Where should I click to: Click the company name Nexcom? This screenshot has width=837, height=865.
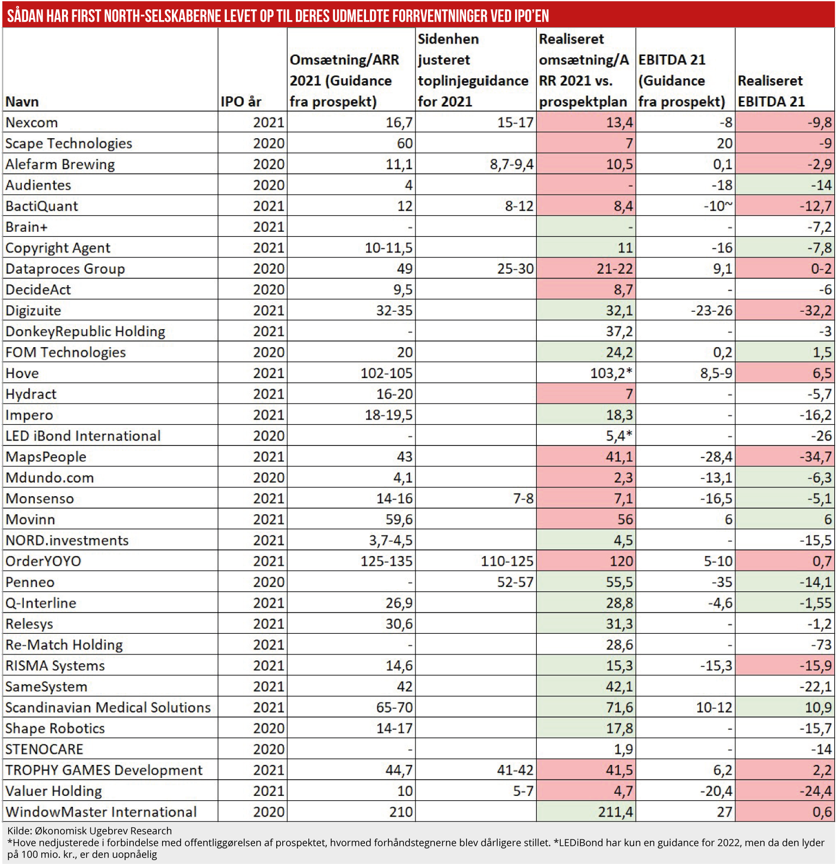coord(32,122)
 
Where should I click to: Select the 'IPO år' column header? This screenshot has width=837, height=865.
coord(241,102)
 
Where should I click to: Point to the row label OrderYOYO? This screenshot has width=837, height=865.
coord(43,561)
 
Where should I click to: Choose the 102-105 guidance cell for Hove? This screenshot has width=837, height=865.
coord(386,373)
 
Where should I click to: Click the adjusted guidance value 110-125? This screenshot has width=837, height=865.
coord(507,561)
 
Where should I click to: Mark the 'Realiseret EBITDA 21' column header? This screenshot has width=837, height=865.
coord(771,91)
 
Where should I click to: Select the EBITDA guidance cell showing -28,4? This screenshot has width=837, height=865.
coord(716,456)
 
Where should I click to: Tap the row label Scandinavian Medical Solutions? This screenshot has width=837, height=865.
coord(108,707)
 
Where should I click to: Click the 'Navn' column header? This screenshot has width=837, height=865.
coord(22,102)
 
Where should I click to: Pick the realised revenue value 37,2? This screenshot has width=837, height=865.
coord(619,331)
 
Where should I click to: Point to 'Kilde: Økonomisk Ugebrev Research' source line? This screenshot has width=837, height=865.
coord(89,831)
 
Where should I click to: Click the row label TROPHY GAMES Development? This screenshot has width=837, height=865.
coord(104,770)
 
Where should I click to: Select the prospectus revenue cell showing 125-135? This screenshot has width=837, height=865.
coord(386,561)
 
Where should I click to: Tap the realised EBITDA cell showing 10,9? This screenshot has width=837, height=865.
coord(818,707)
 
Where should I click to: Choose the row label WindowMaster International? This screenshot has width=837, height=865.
coord(101,812)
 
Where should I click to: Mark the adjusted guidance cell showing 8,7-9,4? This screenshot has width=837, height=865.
coord(511,164)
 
